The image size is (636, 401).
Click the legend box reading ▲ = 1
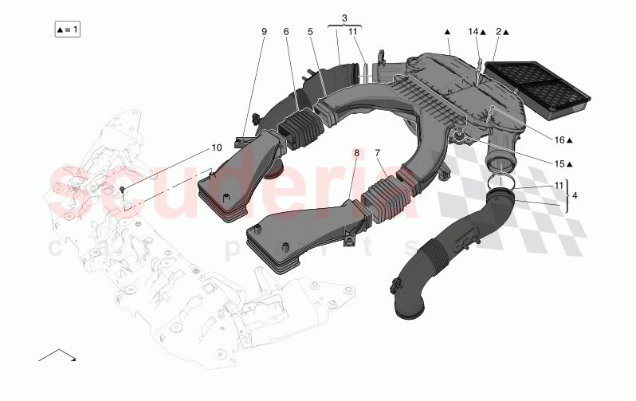click(68, 29)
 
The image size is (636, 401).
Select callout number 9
click(264, 31)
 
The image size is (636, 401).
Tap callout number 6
click(286, 31)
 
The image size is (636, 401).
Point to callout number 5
click(310, 31)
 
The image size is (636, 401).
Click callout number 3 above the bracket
click(344, 17)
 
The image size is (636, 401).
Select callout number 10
click(216, 147)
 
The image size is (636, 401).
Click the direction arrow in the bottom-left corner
click(57, 354)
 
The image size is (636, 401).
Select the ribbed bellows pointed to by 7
click(387, 199)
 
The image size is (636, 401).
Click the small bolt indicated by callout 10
click(122, 189)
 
